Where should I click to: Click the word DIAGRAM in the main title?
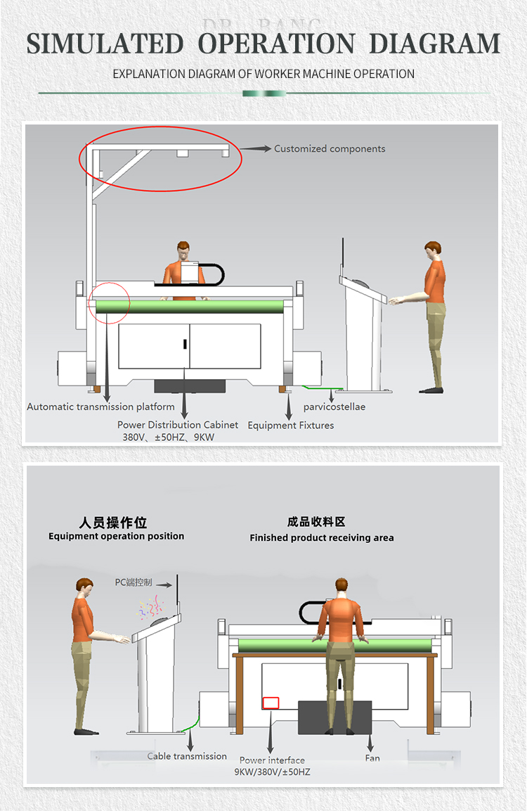pyautogui.click(x=434, y=44)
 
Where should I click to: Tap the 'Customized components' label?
pyautogui.click(x=330, y=148)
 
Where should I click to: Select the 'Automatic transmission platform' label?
pyautogui.click(x=100, y=407)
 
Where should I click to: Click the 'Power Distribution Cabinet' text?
pyautogui.click(x=178, y=425)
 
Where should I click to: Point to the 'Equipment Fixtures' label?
pyautogui.click(x=291, y=425)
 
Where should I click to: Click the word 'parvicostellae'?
pyautogui.click(x=334, y=407)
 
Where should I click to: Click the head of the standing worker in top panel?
pyautogui.click(x=433, y=250)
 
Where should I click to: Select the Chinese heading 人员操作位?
pyautogui.click(x=113, y=523)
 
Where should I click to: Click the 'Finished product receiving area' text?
pyautogui.click(x=322, y=537)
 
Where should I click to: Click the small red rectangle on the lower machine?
pyautogui.click(x=271, y=703)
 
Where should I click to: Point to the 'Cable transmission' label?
pyautogui.click(x=187, y=756)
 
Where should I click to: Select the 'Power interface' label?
pyautogui.click(x=272, y=760)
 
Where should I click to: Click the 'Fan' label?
pyautogui.click(x=372, y=758)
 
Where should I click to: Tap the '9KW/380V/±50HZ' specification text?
pyautogui.click(x=272, y=772)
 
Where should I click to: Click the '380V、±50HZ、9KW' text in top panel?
pyautogui.click(x=169, y=437)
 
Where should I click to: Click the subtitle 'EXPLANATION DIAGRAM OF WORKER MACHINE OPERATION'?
pyautogui.click(x=263, y=74)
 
